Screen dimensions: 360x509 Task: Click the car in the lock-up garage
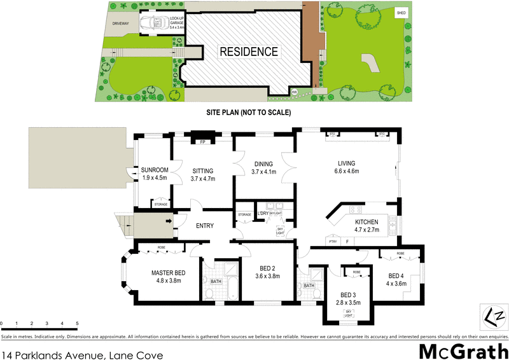(x=153, y=22)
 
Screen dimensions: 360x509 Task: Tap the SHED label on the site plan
(x=401, y=13)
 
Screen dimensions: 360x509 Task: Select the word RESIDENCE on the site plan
(x=249, y=52)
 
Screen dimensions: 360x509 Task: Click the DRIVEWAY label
(x=120, y=24)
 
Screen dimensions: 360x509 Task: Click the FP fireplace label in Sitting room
(x=202, y=142)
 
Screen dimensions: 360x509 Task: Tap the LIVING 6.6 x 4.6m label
(x=347, y=167)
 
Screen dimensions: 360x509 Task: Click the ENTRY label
(x=204, y=226)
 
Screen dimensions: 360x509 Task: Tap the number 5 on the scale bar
(x=78, y=324)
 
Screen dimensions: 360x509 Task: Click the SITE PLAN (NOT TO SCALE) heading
(x=248, y=112)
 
